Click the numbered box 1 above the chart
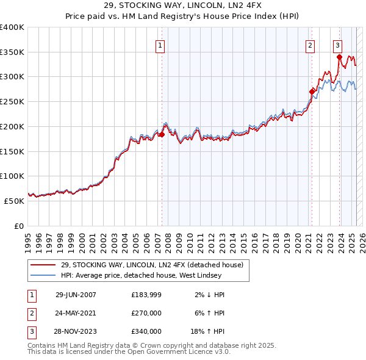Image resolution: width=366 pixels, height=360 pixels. tap(160, 45)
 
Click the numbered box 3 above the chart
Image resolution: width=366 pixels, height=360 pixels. tap(337, 45)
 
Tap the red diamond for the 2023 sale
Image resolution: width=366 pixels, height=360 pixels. tap(339, 57)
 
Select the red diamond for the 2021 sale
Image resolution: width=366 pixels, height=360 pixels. tap(312, 92)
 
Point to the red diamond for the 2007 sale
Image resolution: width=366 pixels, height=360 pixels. tap(162, 134)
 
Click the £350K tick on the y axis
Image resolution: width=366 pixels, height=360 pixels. tap(13, 52)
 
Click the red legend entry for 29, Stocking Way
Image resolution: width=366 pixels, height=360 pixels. tap(152, 265)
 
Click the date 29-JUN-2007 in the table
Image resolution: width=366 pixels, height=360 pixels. tap(76, 295)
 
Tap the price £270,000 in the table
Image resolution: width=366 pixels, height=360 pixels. tap(146, 313)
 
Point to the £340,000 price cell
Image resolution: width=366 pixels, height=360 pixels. tap(146, 331)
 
